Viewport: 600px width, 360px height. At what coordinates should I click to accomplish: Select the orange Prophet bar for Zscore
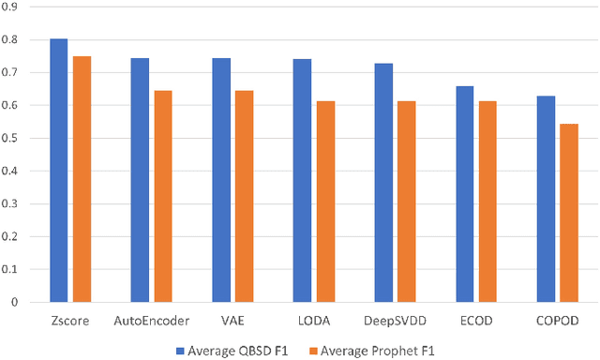[82, 179]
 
